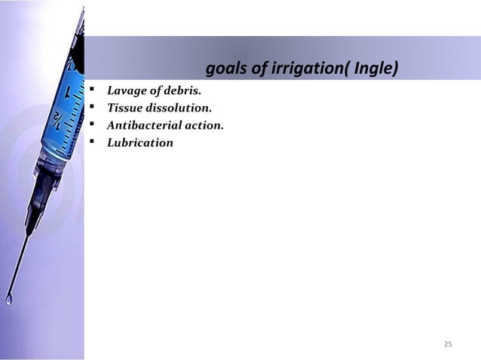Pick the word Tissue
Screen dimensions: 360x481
tap(124, 109)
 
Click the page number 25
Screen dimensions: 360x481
tap(448, 344)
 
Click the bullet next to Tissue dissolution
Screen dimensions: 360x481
tap(91, 109)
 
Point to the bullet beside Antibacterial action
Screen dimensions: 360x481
tap(91, 126)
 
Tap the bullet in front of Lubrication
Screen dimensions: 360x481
tap(91, 142)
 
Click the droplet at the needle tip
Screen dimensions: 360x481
tap(9, 299)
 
